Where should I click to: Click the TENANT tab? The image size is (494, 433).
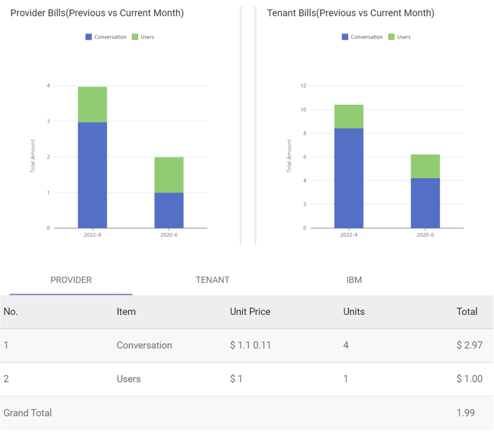(213, 280)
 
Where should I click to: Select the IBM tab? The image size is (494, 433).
(354, 280)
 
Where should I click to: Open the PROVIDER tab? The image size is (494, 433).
(71, 280)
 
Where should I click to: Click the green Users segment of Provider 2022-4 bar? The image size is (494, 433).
(92, 104)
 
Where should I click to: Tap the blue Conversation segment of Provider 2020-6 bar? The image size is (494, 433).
(169, 210)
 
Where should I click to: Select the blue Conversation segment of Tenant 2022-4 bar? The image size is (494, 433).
(348, 177)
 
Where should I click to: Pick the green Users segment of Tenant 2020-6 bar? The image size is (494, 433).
(425, 166)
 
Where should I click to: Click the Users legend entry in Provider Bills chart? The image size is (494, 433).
(143, 37)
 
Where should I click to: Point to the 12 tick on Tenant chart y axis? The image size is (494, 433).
(303, 86)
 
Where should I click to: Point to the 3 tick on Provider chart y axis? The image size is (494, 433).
(48, 121)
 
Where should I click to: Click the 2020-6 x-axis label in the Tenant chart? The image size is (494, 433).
(425, 236)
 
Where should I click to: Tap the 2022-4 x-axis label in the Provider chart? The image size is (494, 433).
(92, 236)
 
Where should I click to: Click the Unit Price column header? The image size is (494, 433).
(250, 312)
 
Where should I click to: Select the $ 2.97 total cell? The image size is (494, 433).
(469, 346)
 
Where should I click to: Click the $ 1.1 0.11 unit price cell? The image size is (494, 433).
(250, 346)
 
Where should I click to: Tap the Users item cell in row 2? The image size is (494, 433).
(129, 379)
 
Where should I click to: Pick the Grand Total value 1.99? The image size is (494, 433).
(465, 413)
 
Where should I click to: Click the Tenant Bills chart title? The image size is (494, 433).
(350, 13)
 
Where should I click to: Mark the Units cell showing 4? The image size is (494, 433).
(345, 346)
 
